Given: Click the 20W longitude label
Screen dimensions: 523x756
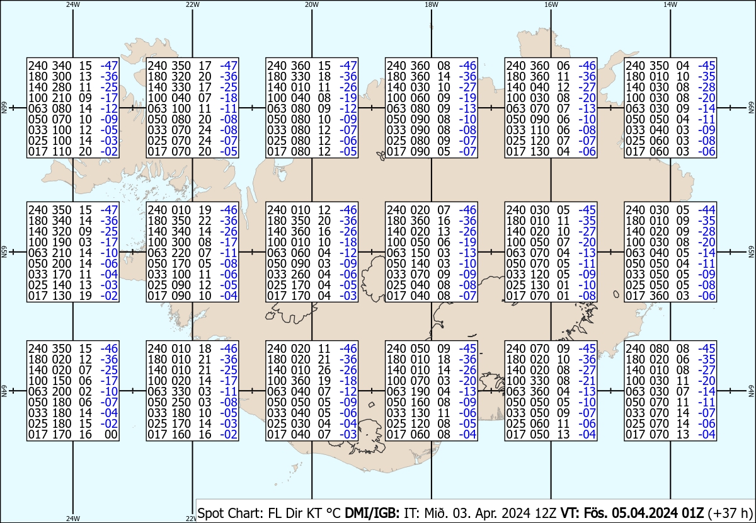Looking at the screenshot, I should point(311,4).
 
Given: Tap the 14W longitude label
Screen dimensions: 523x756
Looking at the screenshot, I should point(670,4).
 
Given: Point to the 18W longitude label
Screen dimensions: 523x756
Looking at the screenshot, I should point(432,4).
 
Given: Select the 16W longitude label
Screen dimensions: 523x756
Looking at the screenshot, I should point(551,4).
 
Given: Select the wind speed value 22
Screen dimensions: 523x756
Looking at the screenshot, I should point(203,221).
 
